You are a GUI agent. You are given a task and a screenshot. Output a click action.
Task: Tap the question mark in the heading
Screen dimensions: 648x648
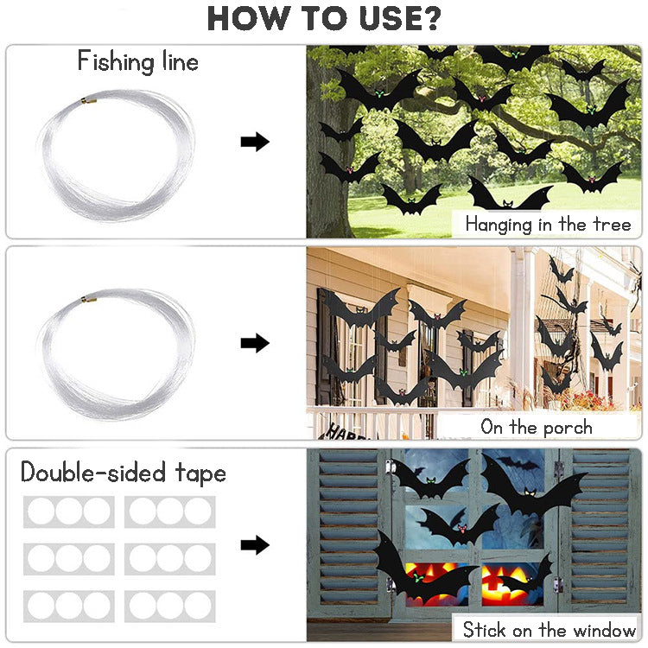(x=429, y=18)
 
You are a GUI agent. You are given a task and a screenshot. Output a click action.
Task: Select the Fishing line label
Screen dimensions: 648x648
(x=138, y=61)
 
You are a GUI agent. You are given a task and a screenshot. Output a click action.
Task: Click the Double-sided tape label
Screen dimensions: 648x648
(x=124, y=473)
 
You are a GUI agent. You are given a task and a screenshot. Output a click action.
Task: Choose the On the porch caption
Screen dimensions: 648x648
(x=536, y=427)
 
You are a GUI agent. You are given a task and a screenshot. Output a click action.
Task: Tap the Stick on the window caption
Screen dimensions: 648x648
(x=549, y=628)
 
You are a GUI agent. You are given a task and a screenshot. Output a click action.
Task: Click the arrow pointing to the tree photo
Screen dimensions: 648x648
(x=255, y=143)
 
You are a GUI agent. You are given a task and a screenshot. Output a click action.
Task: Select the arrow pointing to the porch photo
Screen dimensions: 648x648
(x=255, y=343)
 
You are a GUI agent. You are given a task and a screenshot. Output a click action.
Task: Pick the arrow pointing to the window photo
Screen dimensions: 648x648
(x=255, y=544)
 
